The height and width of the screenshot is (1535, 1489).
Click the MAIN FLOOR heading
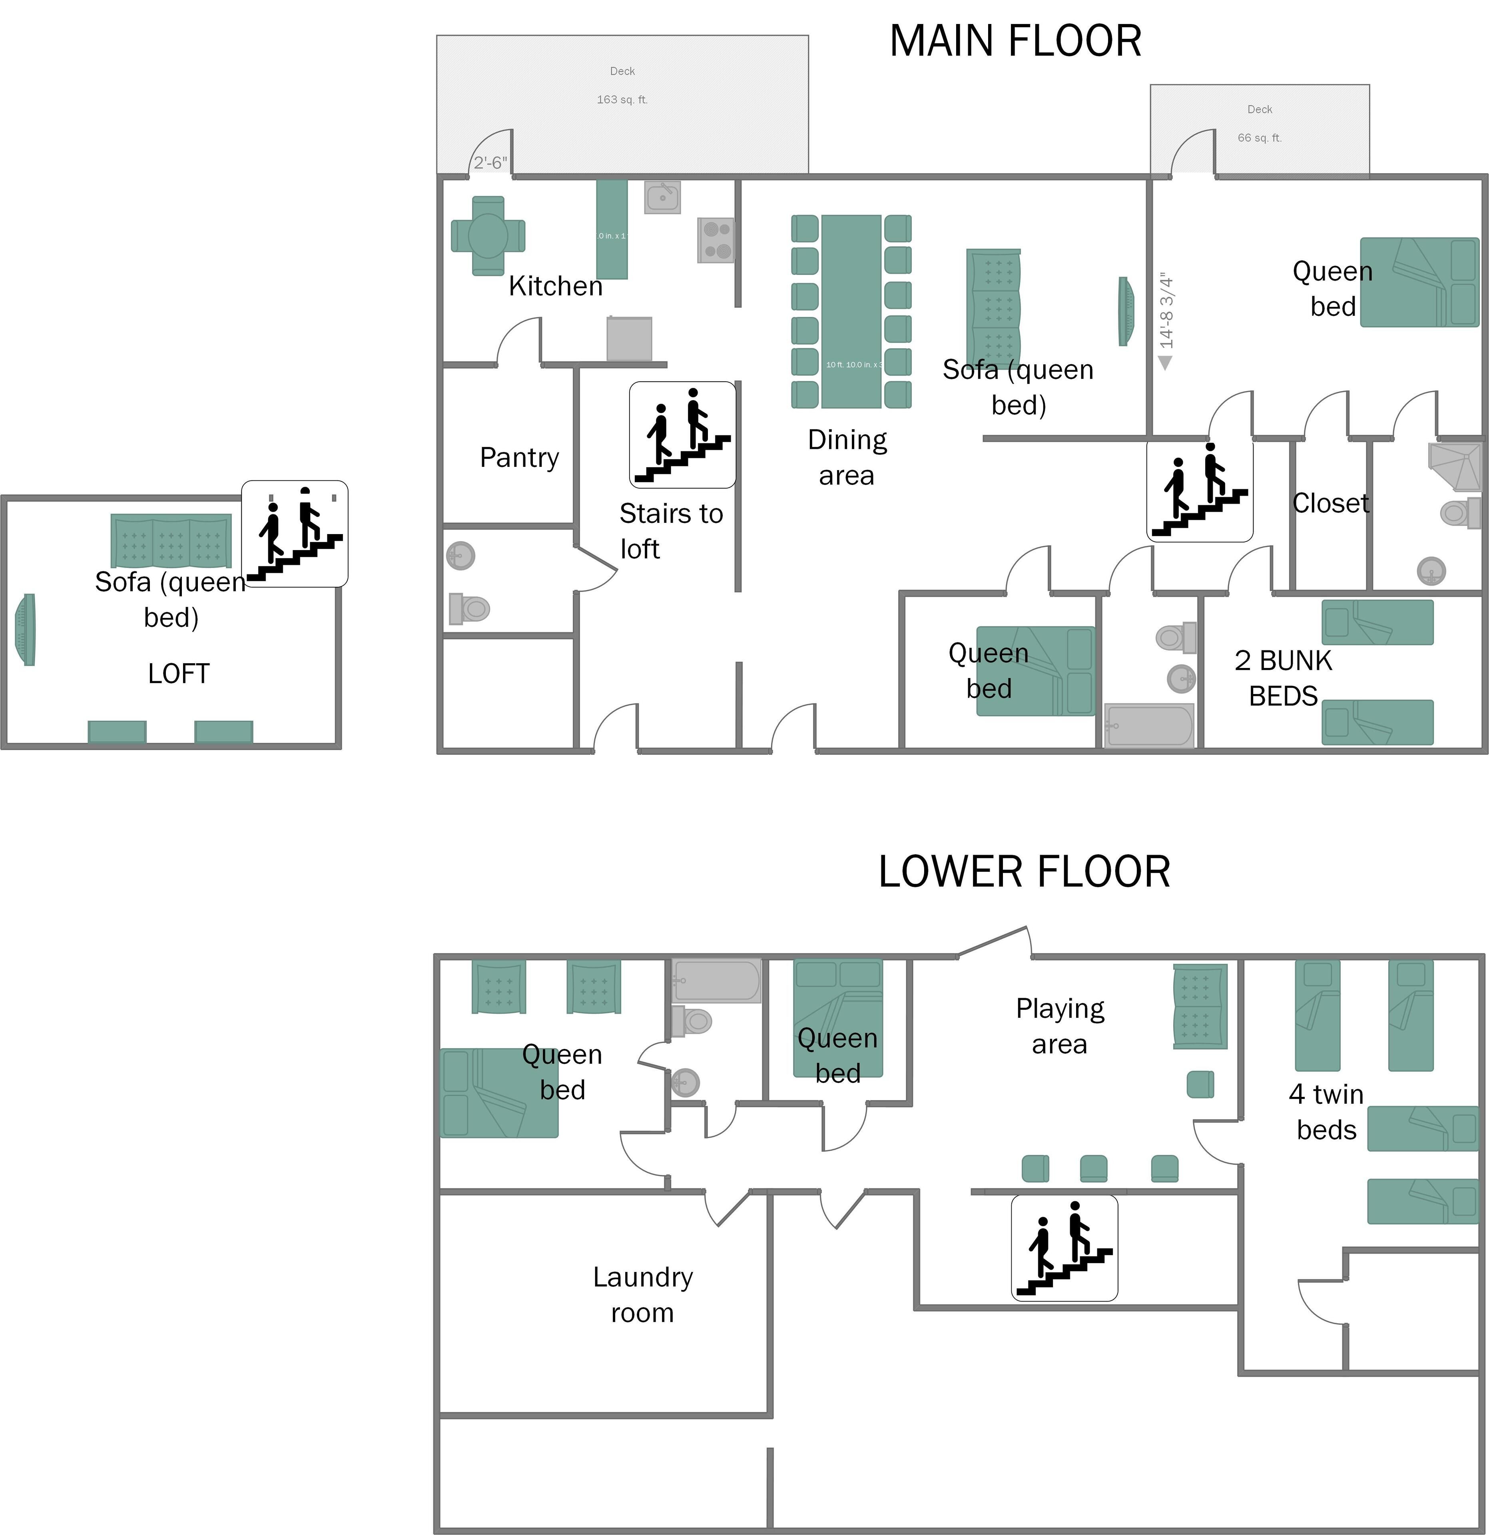point(1015,42)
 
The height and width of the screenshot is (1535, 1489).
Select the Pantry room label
point(519,457)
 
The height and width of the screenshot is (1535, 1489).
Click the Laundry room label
point(642,1295)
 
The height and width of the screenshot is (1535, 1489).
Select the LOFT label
point(179,674)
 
